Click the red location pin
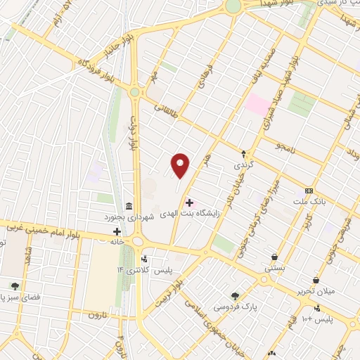click(x=181, y=166)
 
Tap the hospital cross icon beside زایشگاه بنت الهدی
click(x=189, y=202)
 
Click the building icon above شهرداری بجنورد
click(x=129, y=206)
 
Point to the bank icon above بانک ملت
click(x=309, y=191)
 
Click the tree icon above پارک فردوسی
click(x=236, y=296)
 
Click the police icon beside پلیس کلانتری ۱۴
click(x=146, y=258)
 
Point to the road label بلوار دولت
click(x=131, y=134)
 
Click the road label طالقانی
click(x=167, y=109)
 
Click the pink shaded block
click(x=257, y=105)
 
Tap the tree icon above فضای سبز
click(x=15, y=286)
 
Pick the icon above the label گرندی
click(x=244, y=153)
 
